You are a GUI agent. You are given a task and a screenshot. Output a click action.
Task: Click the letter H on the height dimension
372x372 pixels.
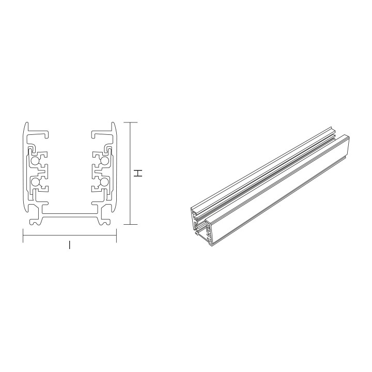tap(138, 174)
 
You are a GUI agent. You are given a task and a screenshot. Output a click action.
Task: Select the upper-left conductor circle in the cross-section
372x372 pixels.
tap(35, 161)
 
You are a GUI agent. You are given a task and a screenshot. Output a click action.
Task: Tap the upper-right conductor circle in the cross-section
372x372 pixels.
tap(104, 161)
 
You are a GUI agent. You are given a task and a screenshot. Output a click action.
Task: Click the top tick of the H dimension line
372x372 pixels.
tap(130, 122)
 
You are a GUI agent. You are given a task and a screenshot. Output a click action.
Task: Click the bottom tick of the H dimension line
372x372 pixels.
tap(130, 225)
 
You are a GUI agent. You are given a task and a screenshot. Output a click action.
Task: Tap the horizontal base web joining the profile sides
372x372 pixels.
tap(70, 212)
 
